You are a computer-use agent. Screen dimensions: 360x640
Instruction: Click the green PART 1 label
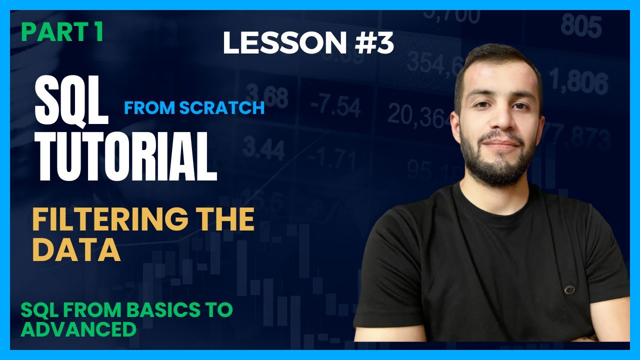click(x=62, y=32)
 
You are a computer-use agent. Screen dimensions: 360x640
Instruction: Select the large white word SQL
click(x=71, y=103)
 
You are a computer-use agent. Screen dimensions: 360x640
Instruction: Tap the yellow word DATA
click(x=76, y=250)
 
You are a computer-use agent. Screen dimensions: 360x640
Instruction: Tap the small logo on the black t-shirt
click(x=569, y=289)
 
